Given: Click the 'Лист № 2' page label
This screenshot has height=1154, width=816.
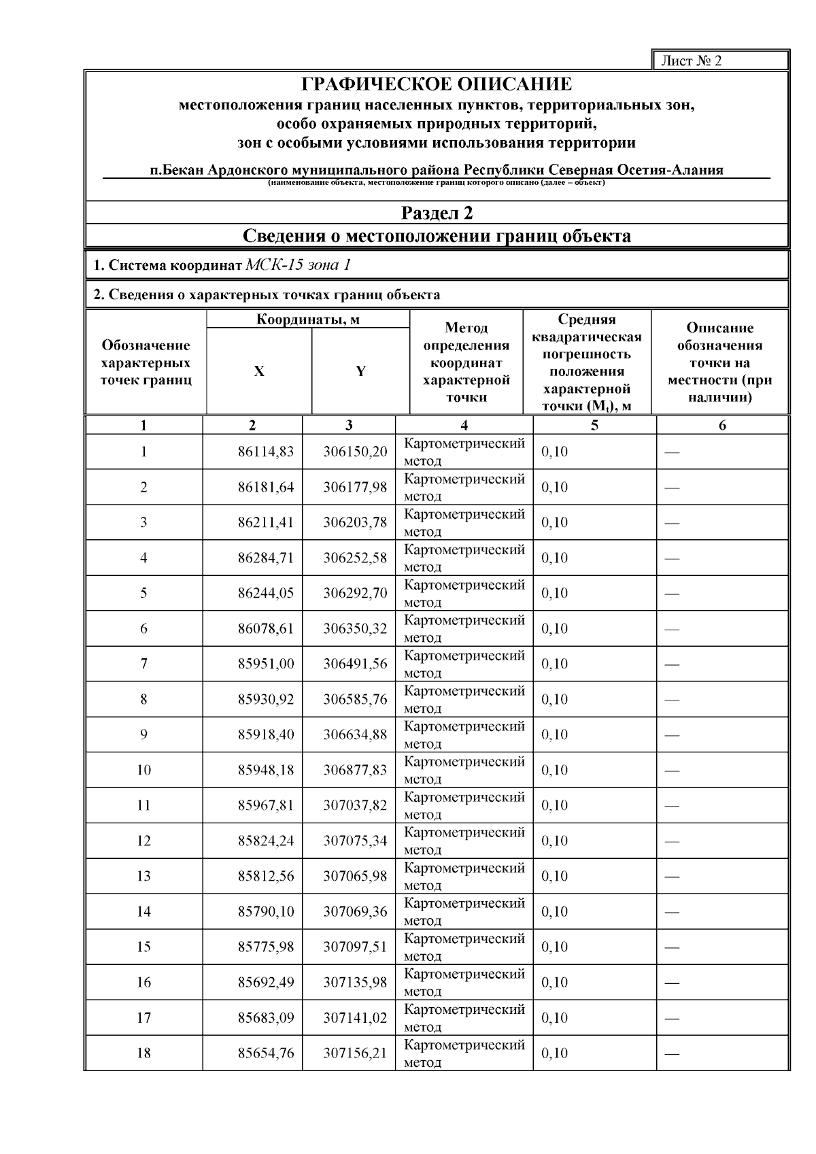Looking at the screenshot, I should [x=692, y=61].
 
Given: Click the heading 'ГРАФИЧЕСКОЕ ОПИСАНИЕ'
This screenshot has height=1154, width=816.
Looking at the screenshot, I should [x=437, y=84].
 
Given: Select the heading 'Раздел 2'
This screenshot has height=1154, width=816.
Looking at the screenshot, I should [x=437, y=214].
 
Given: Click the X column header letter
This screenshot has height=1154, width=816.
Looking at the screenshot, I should [x=259, y=371].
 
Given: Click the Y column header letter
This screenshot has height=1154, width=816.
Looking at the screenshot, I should [x=360, y=371].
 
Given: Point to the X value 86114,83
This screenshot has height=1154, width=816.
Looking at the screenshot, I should [x=266, y=452].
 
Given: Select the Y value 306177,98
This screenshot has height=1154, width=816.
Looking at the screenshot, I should [x=355, y=488].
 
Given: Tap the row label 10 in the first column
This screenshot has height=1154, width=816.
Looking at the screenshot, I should [x=143, y=770].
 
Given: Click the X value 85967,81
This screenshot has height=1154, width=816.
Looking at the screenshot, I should [x=266, y=806].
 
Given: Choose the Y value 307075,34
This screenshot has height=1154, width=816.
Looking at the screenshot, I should [x=355, y=841].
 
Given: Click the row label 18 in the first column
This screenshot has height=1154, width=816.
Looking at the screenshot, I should [x=143, y=1053].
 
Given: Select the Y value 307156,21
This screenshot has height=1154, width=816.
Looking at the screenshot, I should [x=355, y=1053].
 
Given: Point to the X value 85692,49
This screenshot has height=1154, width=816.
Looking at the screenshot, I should [x=266, y=983].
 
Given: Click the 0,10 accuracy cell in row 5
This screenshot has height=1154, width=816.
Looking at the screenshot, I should [x=554, y=594].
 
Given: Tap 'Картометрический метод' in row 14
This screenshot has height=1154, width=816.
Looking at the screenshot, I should [x=464, y=912].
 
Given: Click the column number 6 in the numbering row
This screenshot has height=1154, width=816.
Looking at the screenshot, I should [x=722, y=426].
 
